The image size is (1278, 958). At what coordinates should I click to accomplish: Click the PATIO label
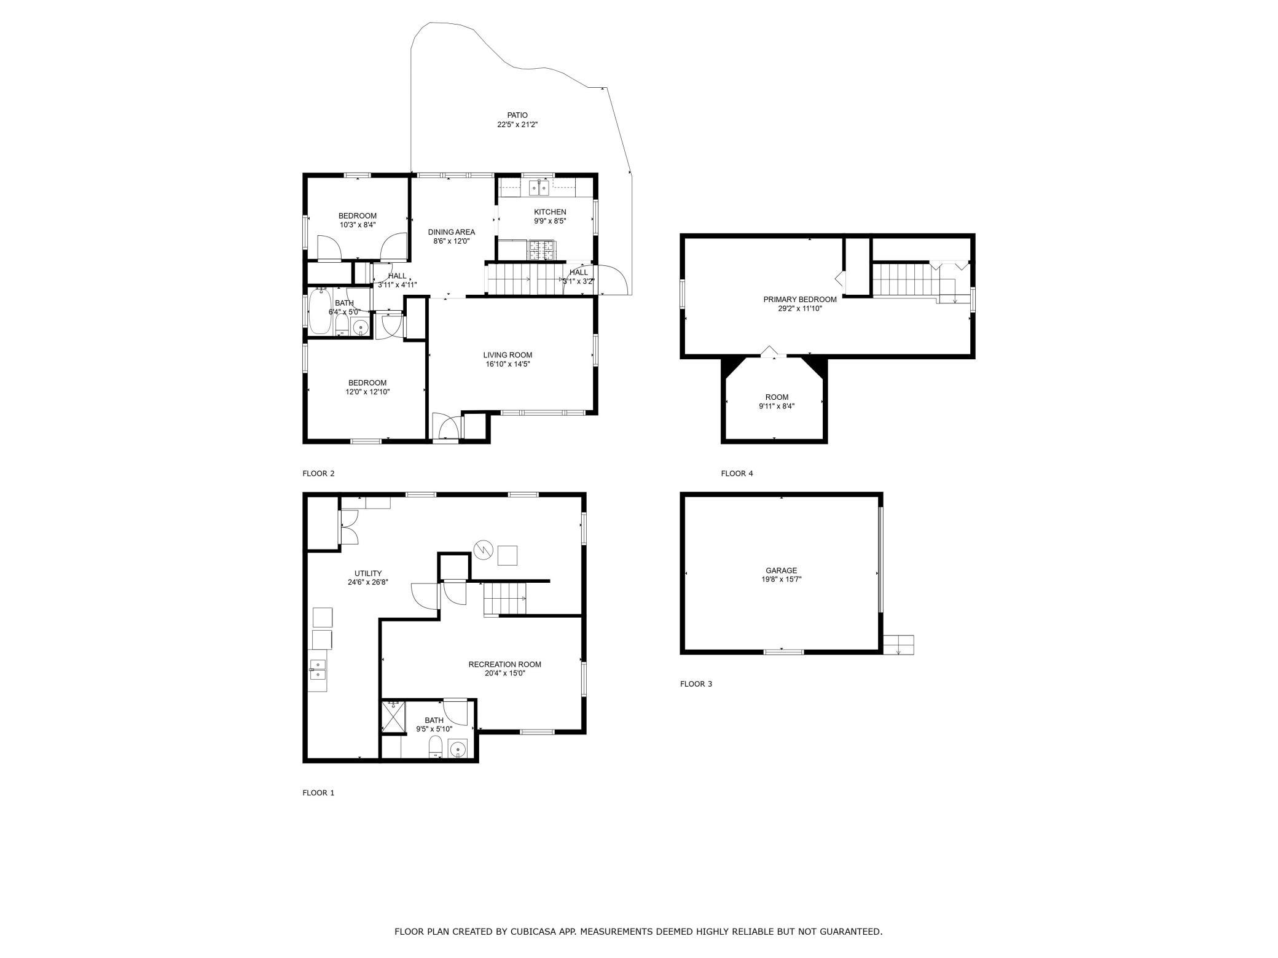517,115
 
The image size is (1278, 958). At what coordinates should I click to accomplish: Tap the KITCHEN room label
550,212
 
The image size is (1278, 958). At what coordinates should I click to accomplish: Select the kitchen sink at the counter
539,187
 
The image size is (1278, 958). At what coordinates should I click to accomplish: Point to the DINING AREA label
452,232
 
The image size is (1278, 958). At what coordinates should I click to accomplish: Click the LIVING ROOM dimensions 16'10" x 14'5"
508,364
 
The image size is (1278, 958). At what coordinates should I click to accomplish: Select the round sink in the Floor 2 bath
361,327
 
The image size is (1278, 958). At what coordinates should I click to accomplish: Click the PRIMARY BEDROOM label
800,300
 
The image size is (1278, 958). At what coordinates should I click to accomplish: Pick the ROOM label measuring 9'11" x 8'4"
777,397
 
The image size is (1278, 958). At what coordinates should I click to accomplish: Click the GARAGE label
781,571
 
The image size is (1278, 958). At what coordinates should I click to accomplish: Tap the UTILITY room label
368,574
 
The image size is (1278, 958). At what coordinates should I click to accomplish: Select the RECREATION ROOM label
504,664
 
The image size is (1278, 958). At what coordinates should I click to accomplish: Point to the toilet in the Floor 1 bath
435,747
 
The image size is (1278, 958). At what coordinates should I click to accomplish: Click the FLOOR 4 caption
737,473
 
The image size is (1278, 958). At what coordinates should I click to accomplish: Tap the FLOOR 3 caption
696,683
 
